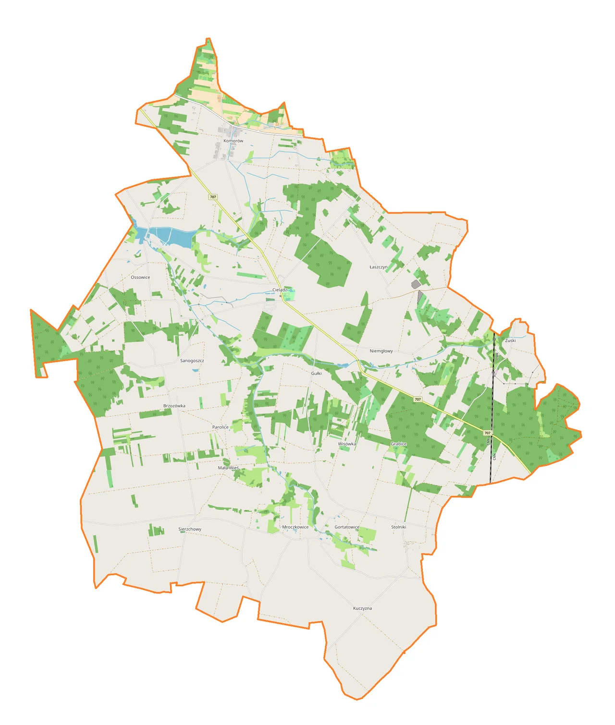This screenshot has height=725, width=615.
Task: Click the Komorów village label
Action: coord(233,141)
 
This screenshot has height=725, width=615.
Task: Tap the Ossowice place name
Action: coord(140,277)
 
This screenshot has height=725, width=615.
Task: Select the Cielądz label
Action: coord(280,290)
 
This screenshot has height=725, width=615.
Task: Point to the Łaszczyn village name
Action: coord(379,266)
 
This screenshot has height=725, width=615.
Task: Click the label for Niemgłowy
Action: coord(381,351)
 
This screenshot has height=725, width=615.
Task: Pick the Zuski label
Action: coord(510,340)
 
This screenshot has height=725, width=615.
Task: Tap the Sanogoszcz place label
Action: coord(192,361)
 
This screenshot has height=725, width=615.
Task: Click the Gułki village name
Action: coord(316,373)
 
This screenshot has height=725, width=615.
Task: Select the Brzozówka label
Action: coord(174,406)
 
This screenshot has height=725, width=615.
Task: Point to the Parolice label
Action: coord(221,427)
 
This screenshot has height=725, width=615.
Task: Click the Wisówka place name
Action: coord(347,444)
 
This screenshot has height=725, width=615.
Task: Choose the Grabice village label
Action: coord(399,444)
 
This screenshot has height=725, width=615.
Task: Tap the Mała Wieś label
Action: coord(228,468)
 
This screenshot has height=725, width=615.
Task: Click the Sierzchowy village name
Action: coord(190,529)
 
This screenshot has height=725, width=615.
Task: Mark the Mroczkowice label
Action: coord(295,527)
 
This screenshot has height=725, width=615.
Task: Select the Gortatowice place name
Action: coord(347,527)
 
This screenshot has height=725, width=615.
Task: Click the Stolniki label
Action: coord(399,527)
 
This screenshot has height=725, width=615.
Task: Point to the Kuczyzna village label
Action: coord(362,608)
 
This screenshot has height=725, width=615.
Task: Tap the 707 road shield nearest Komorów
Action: coord(213,197)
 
